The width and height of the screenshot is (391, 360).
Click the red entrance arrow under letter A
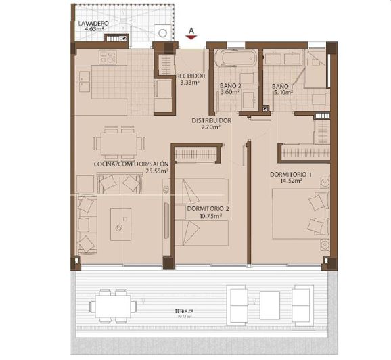193,38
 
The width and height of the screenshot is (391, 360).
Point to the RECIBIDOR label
190,76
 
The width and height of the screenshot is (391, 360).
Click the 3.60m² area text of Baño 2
231,93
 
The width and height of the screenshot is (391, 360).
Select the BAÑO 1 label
283,87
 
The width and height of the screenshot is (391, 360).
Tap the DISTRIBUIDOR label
211,120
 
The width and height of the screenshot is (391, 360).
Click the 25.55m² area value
157,171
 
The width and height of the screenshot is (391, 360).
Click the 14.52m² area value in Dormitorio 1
290,182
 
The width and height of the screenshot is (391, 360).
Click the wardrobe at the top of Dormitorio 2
196,155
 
